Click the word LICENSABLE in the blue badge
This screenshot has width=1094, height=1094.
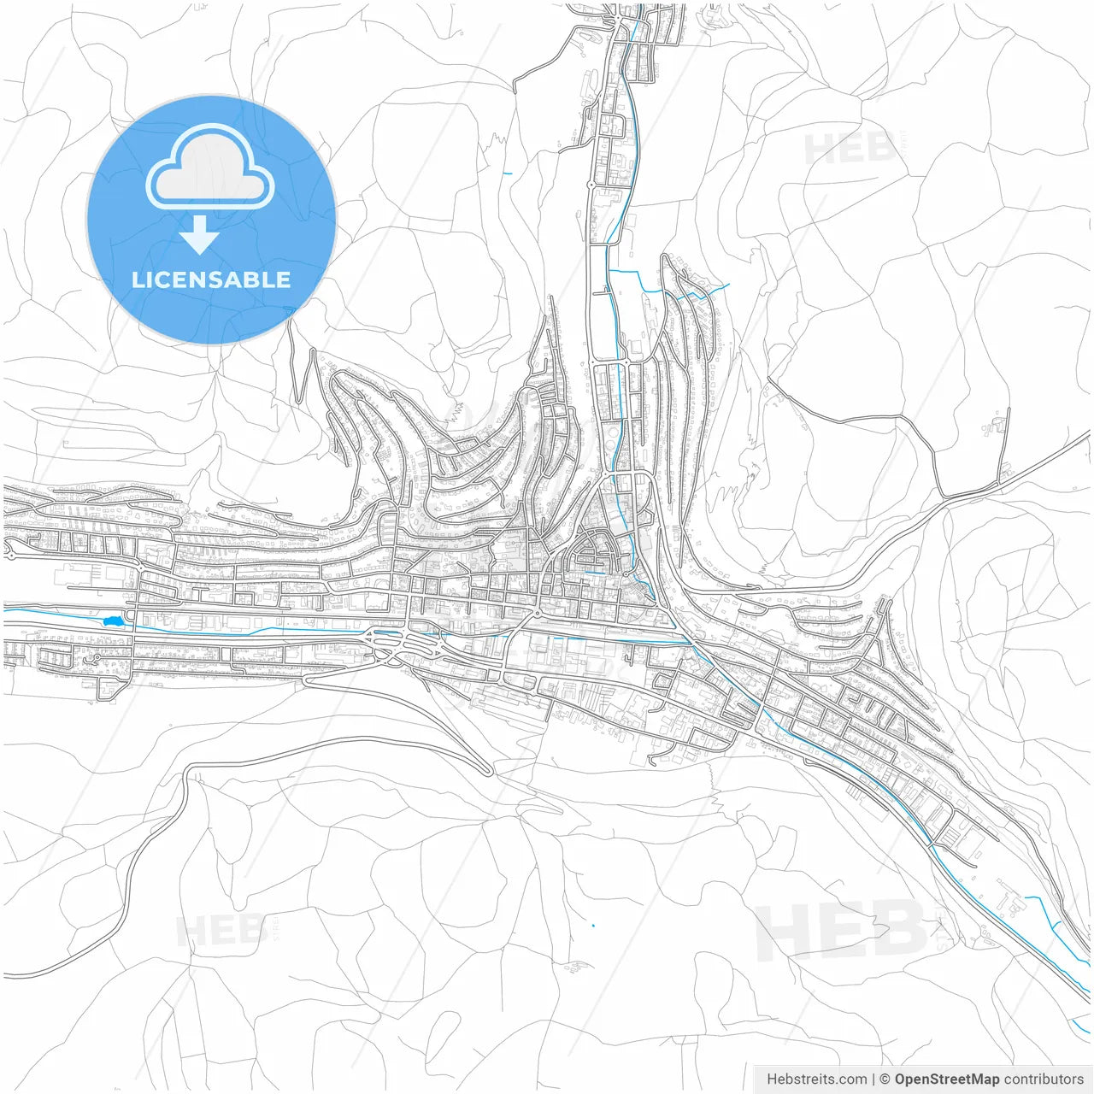click(211, 279)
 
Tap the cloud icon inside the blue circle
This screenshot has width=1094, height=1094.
click(210, 167)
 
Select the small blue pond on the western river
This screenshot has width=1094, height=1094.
click(111, 621)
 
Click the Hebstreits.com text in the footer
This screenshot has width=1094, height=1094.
click(816, 1079)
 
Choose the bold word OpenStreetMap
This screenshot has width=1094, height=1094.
click(948, 1079)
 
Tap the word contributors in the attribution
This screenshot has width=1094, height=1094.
click(1044, 1079)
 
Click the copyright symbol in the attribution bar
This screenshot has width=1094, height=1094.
click(885, 1079)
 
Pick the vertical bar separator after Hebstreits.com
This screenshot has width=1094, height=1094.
click(873, 1079)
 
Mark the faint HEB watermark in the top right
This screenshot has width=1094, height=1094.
click(850, 149)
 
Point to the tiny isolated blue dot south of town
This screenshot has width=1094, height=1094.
click(592, 925)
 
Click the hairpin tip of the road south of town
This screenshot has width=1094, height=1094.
click(491, 772)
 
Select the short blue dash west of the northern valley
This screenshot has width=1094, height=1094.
click(508, 174)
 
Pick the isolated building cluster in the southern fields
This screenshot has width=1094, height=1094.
click(579, 967)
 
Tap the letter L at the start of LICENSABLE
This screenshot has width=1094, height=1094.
click(137, 279)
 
